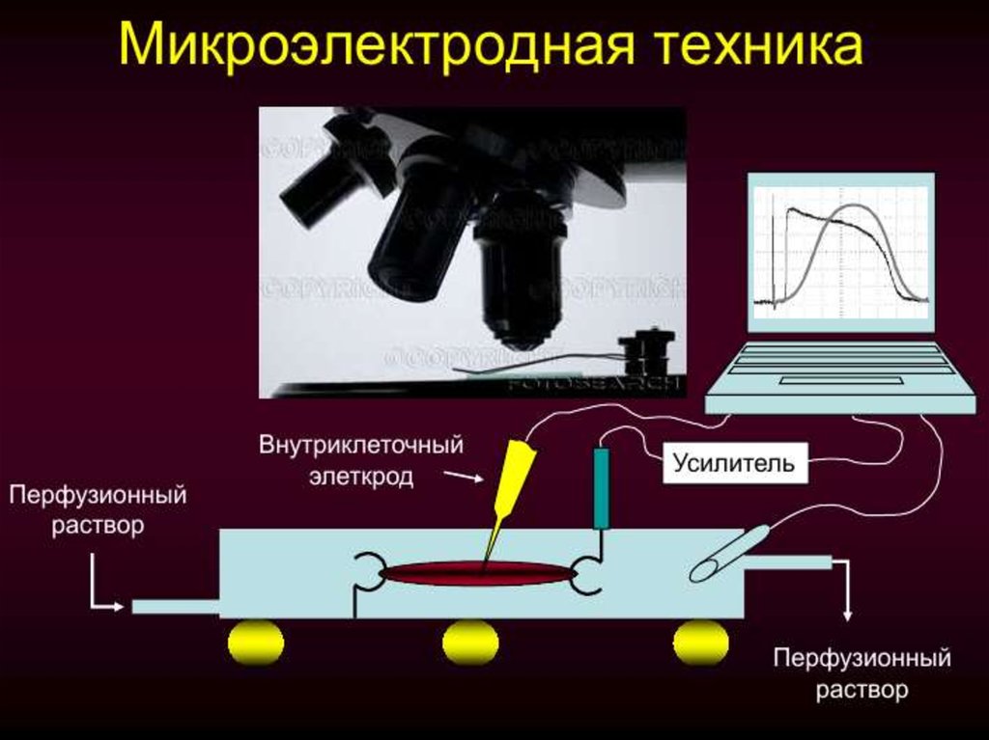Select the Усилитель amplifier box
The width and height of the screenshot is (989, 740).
734,463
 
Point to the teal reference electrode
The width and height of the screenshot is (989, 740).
601,487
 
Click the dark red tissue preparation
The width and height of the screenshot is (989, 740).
478,574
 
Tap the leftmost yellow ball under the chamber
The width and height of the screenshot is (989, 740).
256,643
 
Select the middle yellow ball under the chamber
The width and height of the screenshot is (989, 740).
470,643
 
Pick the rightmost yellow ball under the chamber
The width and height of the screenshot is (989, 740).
700,643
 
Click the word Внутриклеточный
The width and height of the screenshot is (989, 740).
361,447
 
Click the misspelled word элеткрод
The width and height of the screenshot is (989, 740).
361,477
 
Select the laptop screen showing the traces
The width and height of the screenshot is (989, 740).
840,253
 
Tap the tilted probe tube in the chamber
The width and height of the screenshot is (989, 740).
728,553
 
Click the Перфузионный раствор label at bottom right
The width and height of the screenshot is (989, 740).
862,674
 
